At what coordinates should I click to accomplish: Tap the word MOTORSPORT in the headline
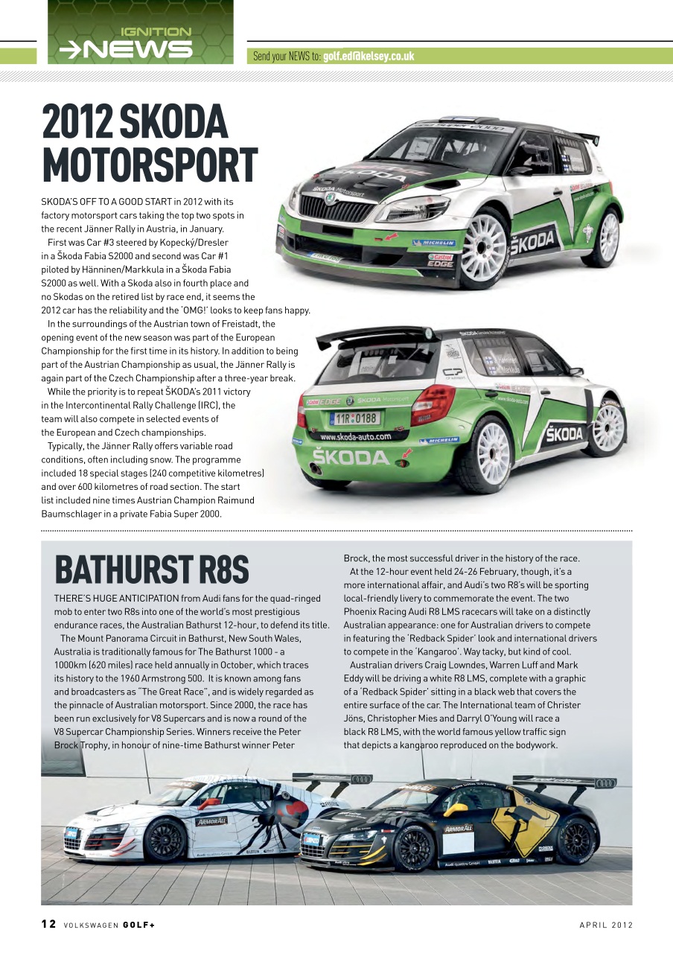150,165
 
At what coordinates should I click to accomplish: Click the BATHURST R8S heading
151,570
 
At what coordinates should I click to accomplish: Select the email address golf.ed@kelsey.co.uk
369,56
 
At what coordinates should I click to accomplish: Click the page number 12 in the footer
48,925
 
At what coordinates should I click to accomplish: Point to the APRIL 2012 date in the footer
606,925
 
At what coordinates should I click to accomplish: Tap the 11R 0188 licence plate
356,418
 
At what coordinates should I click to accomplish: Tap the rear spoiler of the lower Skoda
372,336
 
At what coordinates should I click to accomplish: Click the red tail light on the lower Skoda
432,404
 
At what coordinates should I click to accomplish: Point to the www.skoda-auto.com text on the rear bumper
355,436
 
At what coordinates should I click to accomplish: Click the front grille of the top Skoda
339,211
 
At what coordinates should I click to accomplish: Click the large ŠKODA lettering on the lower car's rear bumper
350,457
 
